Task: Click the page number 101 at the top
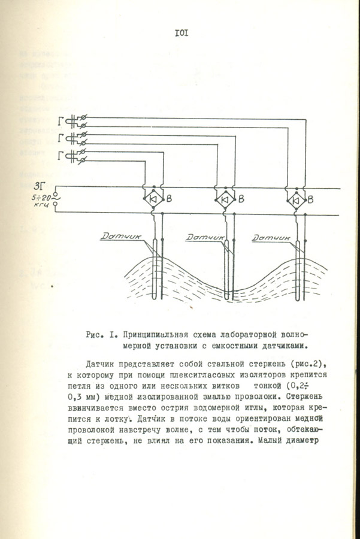coord(181,33)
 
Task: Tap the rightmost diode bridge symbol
coord(297,199)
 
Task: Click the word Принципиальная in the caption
coord(158,334)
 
